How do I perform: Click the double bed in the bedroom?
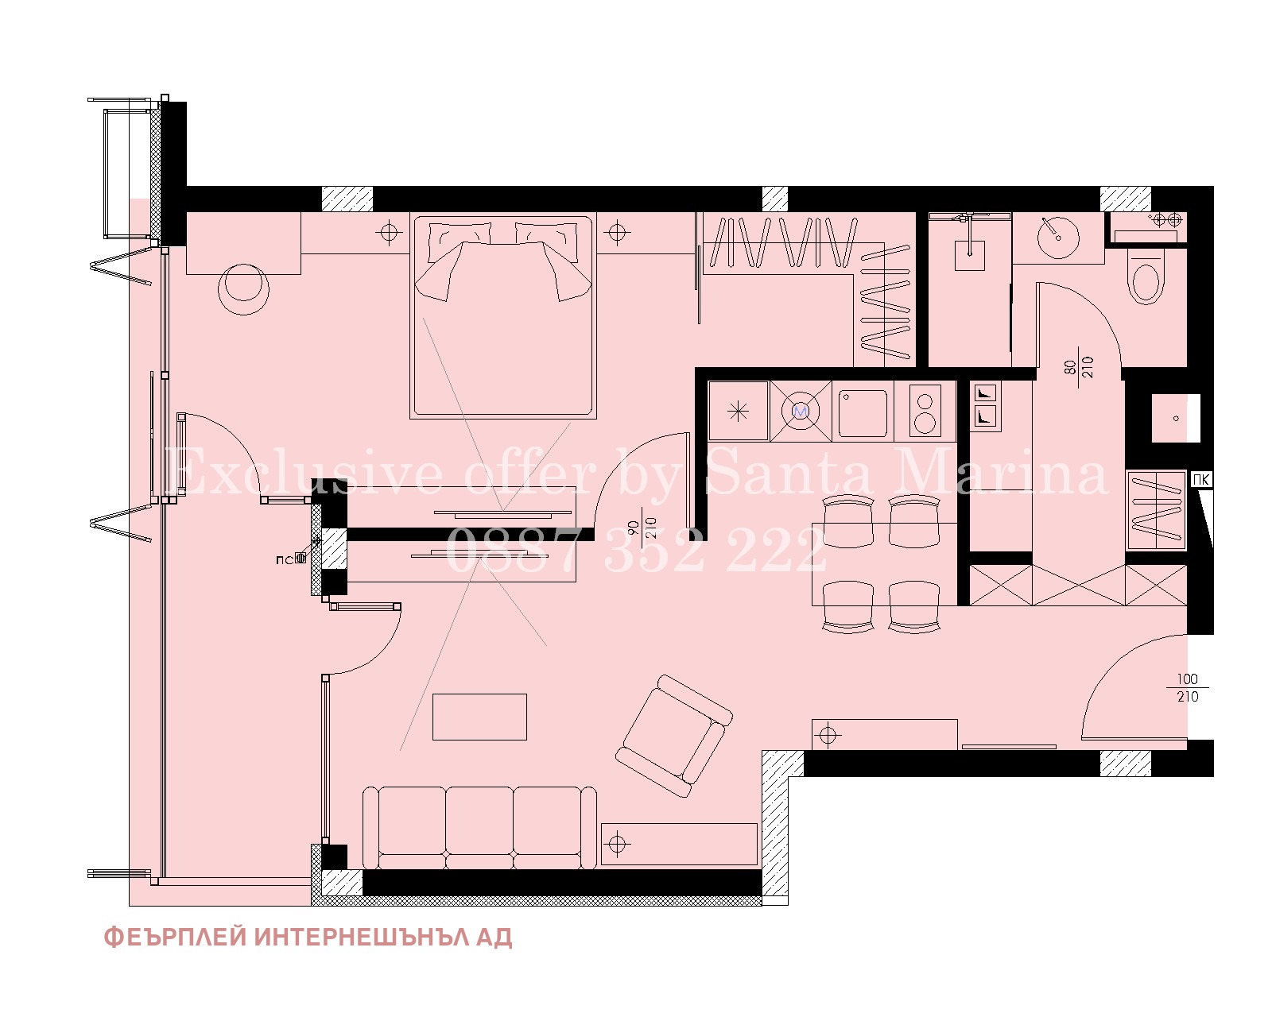503,317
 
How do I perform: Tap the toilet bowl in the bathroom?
1146,276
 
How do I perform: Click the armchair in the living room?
674,737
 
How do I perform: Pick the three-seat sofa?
479,827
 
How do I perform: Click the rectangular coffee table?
479,717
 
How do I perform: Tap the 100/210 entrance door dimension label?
1188,688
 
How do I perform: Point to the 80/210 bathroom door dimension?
1080,367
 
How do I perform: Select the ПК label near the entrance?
1200,479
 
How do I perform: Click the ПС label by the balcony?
285,559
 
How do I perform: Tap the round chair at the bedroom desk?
243,289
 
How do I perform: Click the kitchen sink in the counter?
863,412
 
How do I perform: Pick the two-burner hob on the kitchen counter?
925,412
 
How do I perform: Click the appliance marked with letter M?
801,411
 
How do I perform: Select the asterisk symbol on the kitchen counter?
739,412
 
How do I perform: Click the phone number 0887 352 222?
635,550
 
